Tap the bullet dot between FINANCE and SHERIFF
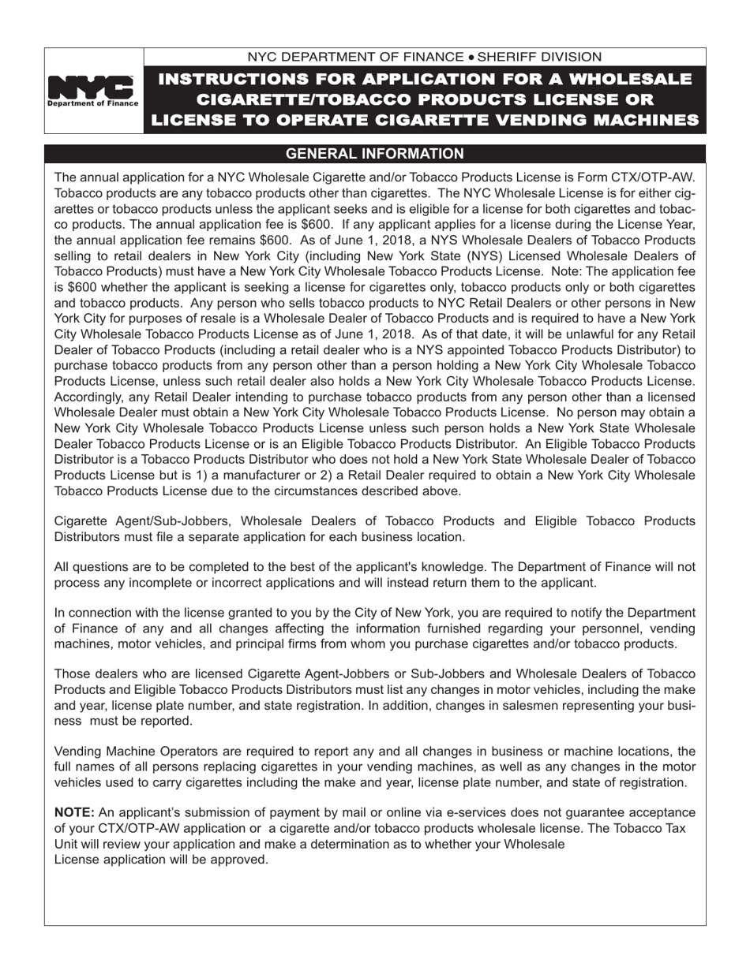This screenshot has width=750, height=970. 471,58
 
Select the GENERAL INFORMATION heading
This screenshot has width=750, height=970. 374,154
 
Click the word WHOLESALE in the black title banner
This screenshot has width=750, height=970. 629,80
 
